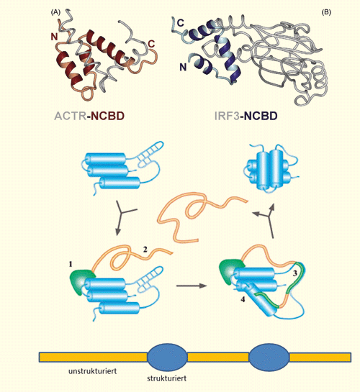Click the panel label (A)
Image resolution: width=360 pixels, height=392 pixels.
click(55, 12)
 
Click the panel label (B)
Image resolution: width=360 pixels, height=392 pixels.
click(326, 12)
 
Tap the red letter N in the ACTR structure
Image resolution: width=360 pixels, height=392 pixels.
click(54, 37)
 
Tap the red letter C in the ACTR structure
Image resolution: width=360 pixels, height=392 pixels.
click(151, 44)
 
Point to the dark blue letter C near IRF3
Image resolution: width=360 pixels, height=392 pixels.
click(181, 23)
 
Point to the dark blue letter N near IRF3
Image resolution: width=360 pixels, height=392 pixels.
click(183, 67)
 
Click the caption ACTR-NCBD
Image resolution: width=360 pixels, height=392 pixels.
click(89, 116)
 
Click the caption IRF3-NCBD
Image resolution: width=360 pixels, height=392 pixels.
click(246, 116)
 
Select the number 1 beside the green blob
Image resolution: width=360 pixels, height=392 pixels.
click(71, 264)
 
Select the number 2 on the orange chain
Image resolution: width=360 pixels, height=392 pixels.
click(145, 250)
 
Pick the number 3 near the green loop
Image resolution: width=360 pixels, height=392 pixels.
click(295, 273)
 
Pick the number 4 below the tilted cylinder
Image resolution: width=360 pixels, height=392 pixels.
click(243, 299)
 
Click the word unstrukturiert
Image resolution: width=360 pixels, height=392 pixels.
click(93, 371)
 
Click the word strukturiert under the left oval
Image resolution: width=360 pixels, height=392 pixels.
click(166, 378)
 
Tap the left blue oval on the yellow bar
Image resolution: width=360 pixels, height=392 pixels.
click(167, 357)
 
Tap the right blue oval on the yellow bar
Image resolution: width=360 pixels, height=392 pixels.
click(269, 357)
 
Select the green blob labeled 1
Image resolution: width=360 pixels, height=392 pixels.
click(79, 282)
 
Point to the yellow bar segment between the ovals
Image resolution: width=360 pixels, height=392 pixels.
click(218, 357)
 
